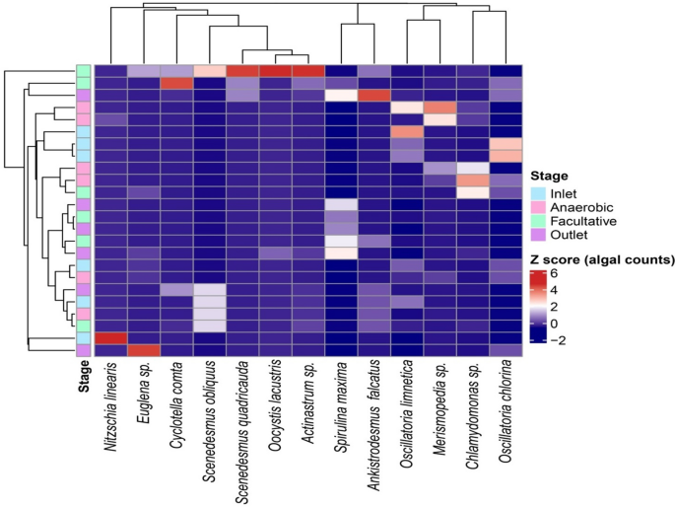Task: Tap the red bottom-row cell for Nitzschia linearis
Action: point(111,337)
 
